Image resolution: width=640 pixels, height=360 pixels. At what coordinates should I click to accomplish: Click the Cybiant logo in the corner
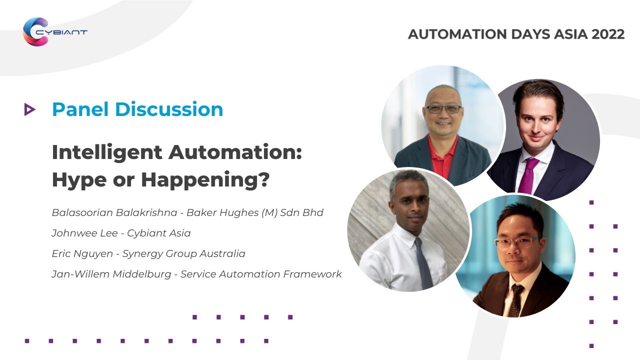(54, 31)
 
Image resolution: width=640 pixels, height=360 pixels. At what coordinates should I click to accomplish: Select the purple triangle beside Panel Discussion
(29, 109)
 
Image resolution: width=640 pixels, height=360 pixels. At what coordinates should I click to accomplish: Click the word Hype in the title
(75, 180)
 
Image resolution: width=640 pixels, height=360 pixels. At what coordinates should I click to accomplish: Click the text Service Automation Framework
(261, 274)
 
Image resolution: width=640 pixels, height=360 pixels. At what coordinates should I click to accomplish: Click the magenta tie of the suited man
(528, 175)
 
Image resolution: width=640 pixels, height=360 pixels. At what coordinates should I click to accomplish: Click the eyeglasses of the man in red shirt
(443, 108)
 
